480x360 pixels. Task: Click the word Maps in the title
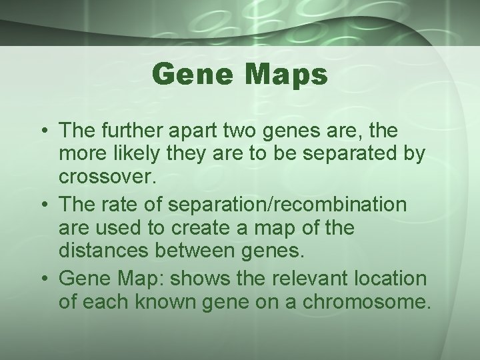[x=288, y=75]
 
